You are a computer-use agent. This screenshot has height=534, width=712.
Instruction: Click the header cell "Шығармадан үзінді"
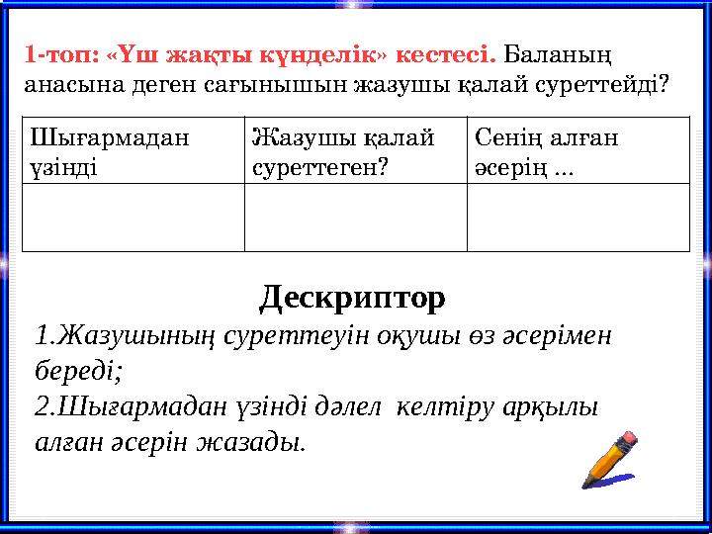133,150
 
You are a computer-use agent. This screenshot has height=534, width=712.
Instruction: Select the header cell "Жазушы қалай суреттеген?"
355,150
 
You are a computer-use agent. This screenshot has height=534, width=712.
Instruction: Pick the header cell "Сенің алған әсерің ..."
578,150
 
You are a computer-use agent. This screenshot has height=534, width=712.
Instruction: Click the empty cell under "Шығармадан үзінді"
133,217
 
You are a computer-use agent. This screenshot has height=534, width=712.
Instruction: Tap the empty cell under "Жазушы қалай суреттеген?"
355,217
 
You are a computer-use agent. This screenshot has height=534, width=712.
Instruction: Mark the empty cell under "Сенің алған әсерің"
578,217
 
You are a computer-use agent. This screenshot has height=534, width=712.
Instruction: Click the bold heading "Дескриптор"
352,297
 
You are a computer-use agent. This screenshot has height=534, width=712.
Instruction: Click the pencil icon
610,459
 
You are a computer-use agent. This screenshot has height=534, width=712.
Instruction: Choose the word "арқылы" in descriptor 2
554,406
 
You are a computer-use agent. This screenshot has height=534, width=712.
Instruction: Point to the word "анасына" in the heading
69,85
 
